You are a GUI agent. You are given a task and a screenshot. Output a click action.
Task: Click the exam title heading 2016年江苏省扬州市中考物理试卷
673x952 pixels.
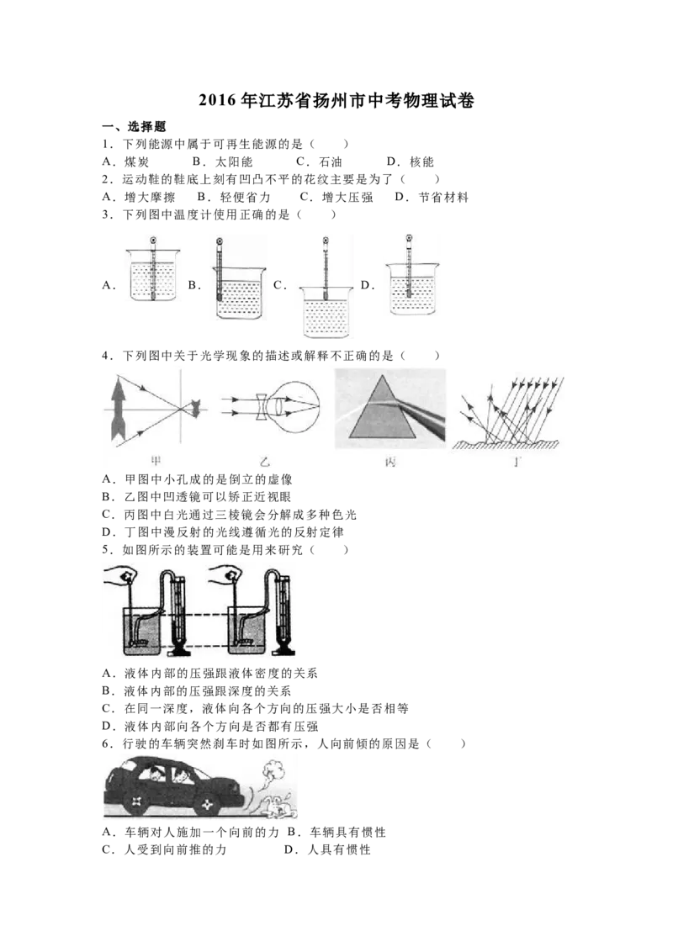336,101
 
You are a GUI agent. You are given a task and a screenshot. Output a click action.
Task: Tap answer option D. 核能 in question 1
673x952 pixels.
411,162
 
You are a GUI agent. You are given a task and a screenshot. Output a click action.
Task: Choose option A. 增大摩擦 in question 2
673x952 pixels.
139,198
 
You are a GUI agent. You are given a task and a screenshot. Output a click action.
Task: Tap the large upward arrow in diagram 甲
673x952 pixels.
117,407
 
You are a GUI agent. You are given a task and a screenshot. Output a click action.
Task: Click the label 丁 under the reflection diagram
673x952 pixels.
516,463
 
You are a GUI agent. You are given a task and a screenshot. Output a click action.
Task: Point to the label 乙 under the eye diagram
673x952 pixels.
265,463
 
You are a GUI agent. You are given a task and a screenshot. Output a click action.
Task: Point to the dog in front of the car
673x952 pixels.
278,806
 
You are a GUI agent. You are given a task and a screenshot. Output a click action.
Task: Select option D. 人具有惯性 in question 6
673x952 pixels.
326,850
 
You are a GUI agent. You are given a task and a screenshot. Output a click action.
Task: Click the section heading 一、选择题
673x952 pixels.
134,127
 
